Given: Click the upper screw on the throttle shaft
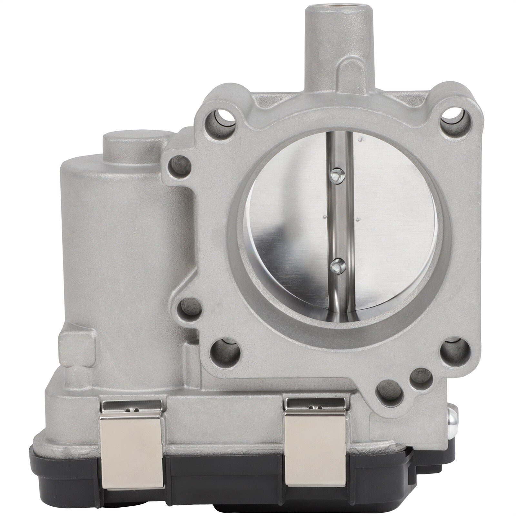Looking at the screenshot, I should [337, 176].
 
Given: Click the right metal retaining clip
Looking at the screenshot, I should [315, 445].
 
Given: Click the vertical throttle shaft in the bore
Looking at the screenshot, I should [337, 223].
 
